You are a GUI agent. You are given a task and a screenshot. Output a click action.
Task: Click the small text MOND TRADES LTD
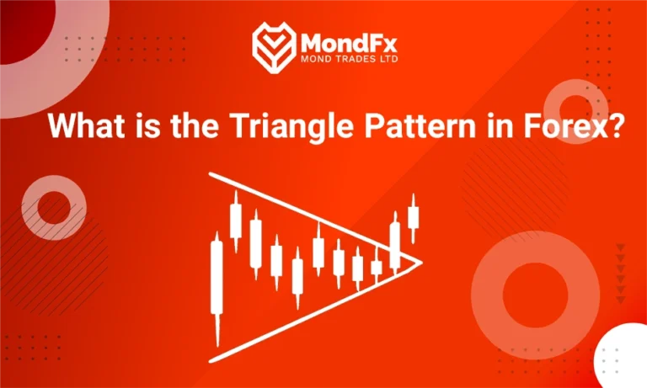click(x=344, y=60)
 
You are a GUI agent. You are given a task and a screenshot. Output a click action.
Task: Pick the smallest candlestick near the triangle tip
click(x=377, y=268)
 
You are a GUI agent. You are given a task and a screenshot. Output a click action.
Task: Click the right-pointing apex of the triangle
click(x=419, y=260)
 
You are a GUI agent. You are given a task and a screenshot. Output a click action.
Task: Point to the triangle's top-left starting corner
click(x=211, y=174)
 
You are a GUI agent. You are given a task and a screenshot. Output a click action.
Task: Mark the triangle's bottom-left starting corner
click(x=211, y=362)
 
